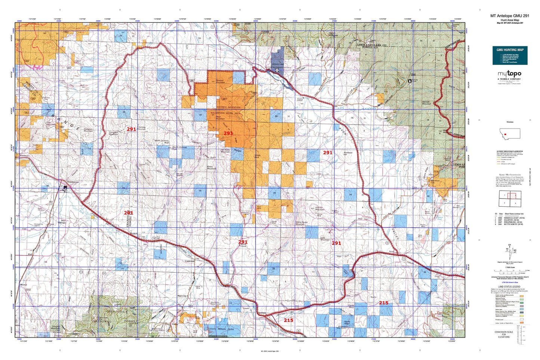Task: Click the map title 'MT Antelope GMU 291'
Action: point(510,16)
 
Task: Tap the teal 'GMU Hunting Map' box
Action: point(510,55)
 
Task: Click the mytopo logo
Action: point(509,74)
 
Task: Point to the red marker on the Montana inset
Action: point(505,134)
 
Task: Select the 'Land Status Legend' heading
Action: point(509,287)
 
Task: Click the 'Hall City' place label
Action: point(182,296)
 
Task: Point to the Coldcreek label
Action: point(190,261)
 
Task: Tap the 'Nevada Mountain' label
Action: point(426,103)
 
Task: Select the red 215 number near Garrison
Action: point(288,320)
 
